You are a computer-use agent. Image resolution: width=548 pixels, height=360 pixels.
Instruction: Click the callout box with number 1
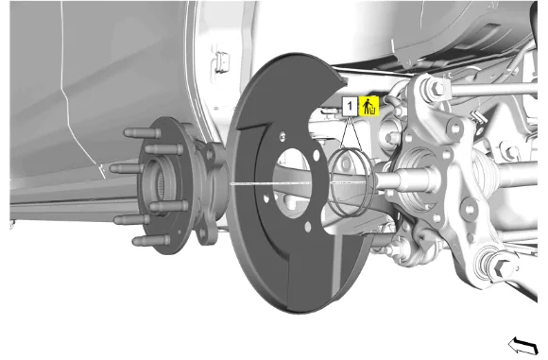(350, 106)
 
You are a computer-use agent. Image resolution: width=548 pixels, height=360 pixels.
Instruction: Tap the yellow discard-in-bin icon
(368, 106)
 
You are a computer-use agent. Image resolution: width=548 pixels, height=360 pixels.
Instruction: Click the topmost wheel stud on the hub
(143, 133)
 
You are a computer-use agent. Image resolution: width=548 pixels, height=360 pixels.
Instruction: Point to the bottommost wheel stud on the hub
(151, 240)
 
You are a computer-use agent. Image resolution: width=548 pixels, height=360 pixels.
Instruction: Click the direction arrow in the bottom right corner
(523, 345)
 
